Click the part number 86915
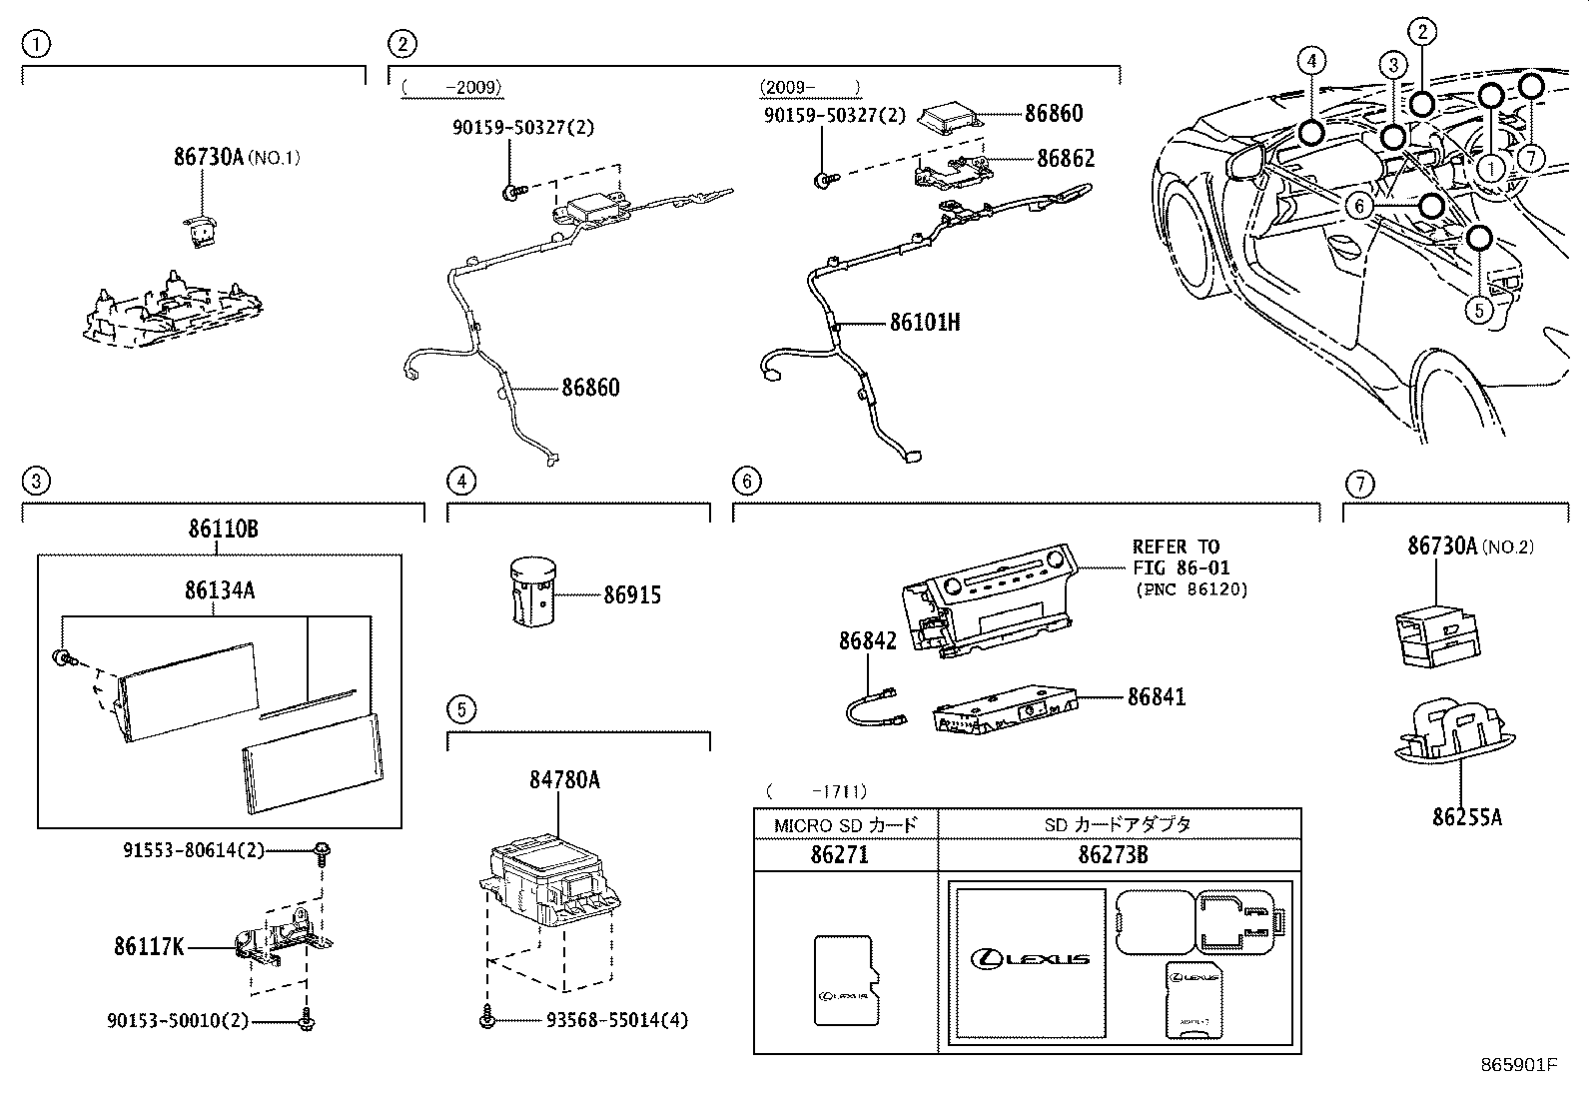(x=631, y=595)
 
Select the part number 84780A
(x=564, y=779)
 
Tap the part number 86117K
(x=149, y=945)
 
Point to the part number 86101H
(x=925, y=323)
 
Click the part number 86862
(x=1065, y=158)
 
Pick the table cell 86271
(x=840, y=855)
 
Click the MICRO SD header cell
(x=845, y=825)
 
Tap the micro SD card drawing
(x=845, y=980)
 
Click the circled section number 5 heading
(x=460, y=710)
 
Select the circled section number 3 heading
(x=35, y=482)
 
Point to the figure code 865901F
(x=1518, y=1065)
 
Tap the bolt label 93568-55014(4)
(x=617, y=1020)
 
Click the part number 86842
(x=867, y=640)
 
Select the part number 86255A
(x=1466, y=816)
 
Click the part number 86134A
(x=219, y=590)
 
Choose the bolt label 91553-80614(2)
(x=194, y=850)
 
